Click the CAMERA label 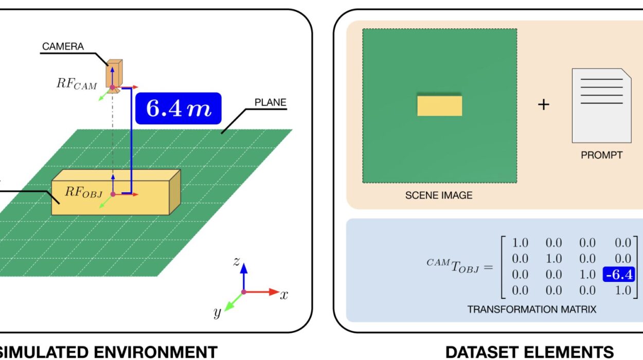[63, 46]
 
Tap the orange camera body [114, 74]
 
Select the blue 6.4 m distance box [178, 109]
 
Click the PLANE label [270, 102]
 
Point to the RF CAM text [77, 84]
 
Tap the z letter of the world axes [236, 261]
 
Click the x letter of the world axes [284, 295]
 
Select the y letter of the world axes [218, 312]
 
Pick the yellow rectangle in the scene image [439, 105]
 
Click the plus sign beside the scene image [543, 105]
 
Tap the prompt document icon [601, 105]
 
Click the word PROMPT [601, 154]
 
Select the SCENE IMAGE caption [439, 195]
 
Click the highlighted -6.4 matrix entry [619, 275]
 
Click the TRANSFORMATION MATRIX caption [532, 310]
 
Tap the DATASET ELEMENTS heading [529, 352]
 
